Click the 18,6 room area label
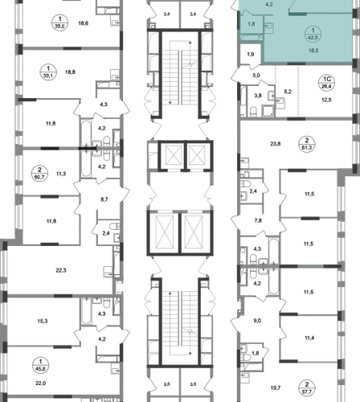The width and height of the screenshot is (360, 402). (84, 23)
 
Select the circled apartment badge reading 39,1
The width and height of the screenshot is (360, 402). (48, 72)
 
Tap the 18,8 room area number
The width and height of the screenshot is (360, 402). (70, 72)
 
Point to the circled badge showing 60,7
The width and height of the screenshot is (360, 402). (39, 174)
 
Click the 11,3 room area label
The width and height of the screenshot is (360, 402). (61, 174)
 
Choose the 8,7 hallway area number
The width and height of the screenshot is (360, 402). (104, 199)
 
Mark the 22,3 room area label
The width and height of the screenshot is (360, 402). (61, 270)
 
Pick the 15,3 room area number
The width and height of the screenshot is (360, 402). (43, 321)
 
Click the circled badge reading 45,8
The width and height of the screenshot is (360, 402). (40, 365)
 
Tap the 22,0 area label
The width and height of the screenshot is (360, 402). (41, 384)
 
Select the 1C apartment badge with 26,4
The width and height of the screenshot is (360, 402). (327, 83)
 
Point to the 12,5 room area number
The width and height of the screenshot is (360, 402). (326, 100)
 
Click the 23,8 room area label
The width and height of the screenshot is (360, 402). (276, 144)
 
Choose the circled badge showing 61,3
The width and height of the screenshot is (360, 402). (307, 144)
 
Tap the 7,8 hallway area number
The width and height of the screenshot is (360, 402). (258, 220)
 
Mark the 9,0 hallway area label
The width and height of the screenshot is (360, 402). (257, 321)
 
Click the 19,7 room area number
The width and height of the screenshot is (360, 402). (276, 388)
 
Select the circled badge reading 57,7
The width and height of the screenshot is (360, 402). (307, 388)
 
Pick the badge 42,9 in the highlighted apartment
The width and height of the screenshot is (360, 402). (313, 34)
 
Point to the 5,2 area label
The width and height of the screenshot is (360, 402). (288, 92)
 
